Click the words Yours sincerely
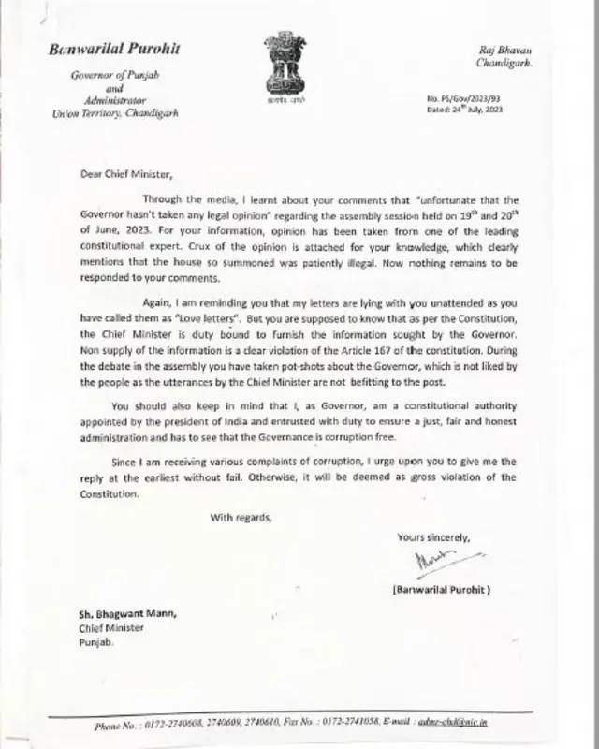(432, 536)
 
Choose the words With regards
(241, 517)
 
